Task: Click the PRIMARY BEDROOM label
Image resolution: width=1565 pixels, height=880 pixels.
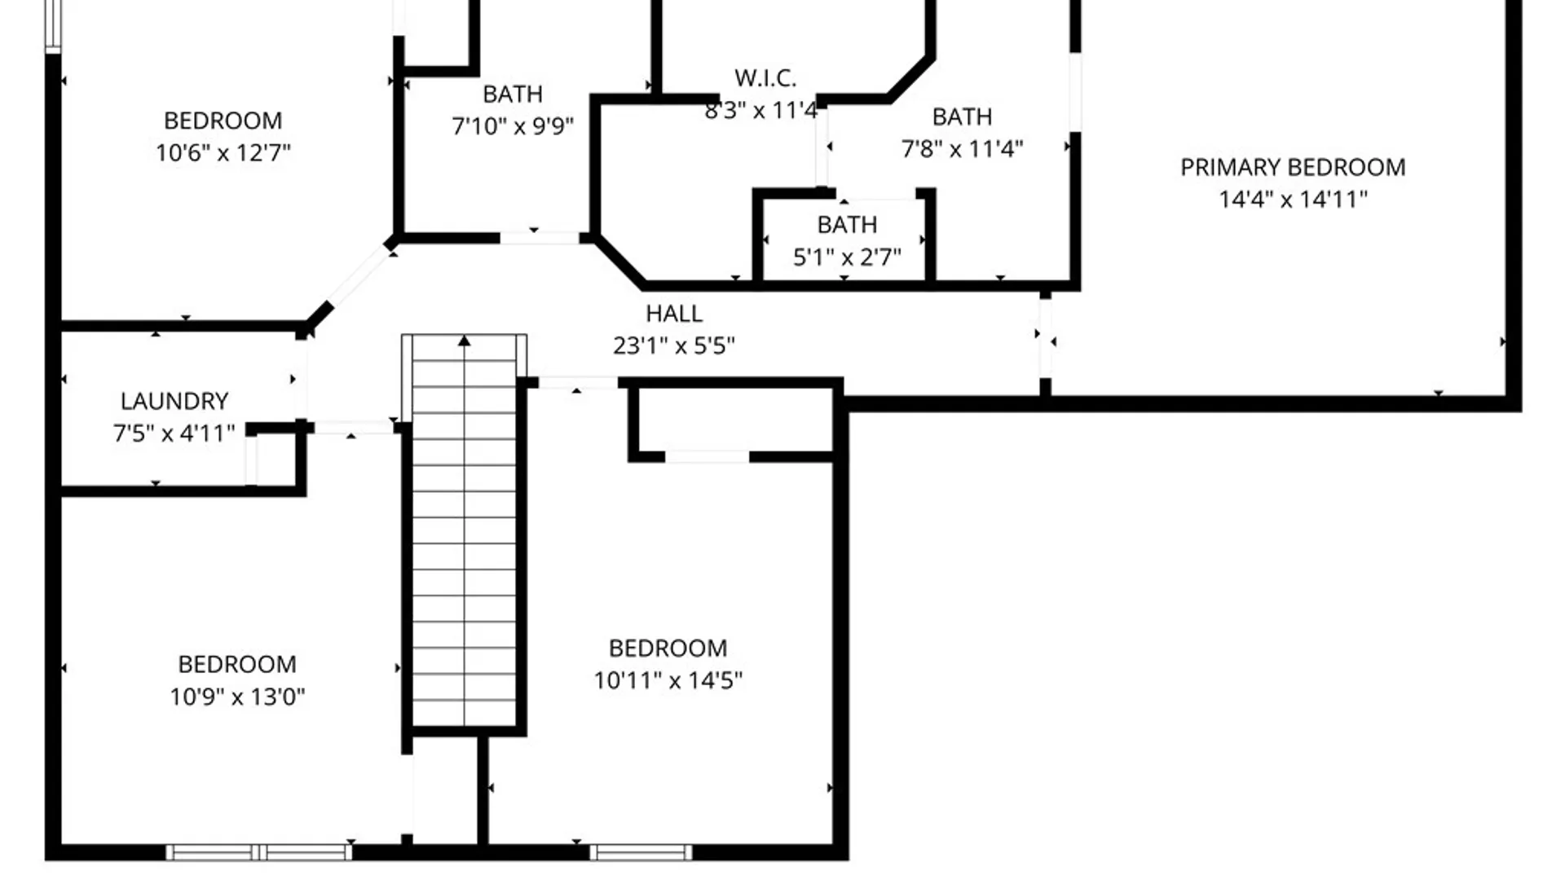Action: (x=1293, y=167)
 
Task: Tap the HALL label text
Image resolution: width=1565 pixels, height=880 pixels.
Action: (x=673, y=314)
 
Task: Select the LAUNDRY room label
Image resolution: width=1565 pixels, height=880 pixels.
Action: (x=174, y=401)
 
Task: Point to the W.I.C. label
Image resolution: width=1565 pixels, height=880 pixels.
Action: (x=765, y=78)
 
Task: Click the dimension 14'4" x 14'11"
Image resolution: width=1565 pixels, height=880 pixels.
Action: (x=1293, y=200)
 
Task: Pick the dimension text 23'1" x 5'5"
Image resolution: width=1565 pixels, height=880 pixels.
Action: (x=673, y=345)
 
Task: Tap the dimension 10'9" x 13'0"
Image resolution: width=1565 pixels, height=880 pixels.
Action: (x=237, y=697)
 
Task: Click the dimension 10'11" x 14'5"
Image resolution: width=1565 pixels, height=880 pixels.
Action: (x=668, y=680)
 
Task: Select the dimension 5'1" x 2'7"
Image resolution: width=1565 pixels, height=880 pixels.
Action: (x=847, y=257)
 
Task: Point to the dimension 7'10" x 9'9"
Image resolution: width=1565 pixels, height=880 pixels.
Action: (x=513, y=126)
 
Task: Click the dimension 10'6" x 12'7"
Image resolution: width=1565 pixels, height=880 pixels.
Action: (x=223, y=152)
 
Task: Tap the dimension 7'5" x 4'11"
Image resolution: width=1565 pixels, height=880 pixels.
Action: (x=174, y=433)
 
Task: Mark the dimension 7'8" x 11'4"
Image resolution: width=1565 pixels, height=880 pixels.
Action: (x=962, y=149)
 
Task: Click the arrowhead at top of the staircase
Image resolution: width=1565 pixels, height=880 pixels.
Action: (x=464, y=341)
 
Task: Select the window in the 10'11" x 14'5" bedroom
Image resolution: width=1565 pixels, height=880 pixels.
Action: (x=641, y=852)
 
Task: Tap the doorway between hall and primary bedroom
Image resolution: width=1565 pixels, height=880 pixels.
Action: (x=1045, y=337)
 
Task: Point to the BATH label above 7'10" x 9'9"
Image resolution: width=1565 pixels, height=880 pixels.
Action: (x=513, y=95)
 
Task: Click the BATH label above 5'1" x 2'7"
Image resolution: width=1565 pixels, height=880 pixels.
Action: (x=847, y=225)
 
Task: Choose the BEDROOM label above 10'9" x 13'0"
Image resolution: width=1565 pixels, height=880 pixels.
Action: (x=237, y=664)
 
